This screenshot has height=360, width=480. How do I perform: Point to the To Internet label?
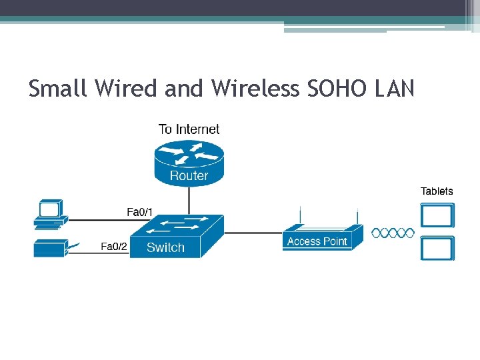point(189,129)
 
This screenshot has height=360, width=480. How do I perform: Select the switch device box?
point(176,237)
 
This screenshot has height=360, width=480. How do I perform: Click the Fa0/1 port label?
point(140,213)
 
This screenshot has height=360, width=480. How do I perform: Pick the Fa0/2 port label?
point(114,247)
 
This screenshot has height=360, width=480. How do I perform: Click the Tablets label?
point(437,191)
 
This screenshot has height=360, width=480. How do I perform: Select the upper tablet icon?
point(437,215)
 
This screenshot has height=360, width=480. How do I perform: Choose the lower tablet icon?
point(437,248)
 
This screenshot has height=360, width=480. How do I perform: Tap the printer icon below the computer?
point(51,247)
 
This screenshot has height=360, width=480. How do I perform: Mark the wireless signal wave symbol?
point(393,233)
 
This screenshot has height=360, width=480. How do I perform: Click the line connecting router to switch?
point(189,201)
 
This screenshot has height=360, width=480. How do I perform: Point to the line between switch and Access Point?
point(253,233)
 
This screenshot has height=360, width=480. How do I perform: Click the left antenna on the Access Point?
point(301,217)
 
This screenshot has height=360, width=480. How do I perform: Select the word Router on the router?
point(189,176)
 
